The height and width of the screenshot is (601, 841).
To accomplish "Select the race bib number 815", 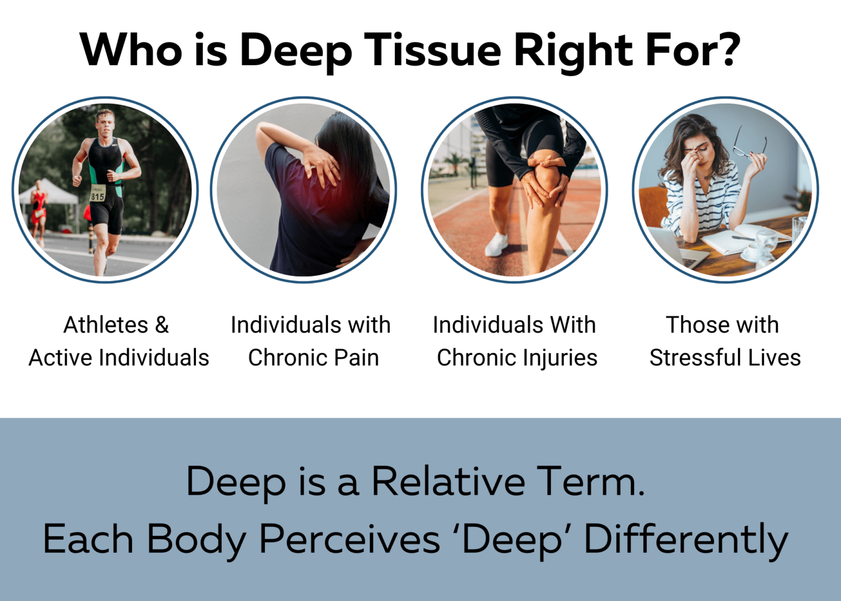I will [97, 196].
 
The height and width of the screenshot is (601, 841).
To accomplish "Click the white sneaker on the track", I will [497, 244].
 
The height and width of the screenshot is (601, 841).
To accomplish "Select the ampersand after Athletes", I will [162, 325].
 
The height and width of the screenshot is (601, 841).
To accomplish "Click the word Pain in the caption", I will [356, 358].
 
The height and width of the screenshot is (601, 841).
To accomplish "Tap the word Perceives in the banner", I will [349, 540].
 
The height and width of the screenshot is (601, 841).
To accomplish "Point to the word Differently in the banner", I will [686, 540].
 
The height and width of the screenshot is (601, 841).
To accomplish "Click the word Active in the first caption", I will [61, 358].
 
